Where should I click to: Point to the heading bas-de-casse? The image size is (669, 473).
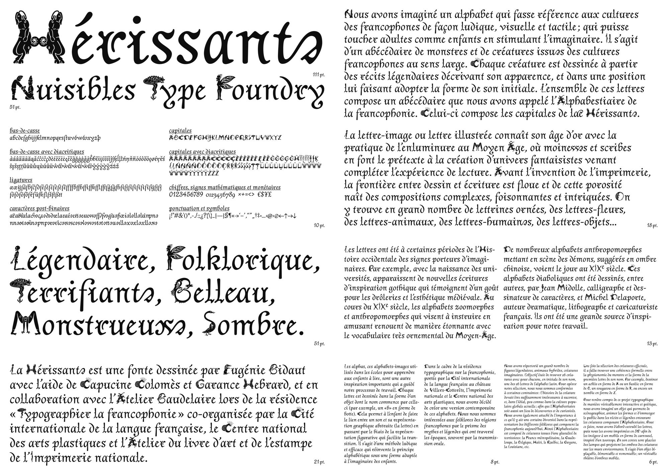(x=25, y=131)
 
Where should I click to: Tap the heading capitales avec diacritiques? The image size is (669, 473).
(x=202, y=152)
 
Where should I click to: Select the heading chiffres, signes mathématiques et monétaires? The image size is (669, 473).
(x=225, y=187)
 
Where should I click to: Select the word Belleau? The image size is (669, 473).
(x=222, y=293)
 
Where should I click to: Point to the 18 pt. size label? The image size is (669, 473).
(x=652, y=225)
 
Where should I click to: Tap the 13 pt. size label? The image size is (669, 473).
(x=652, y=344)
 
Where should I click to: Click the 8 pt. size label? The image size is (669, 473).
(x=495, y=462)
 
